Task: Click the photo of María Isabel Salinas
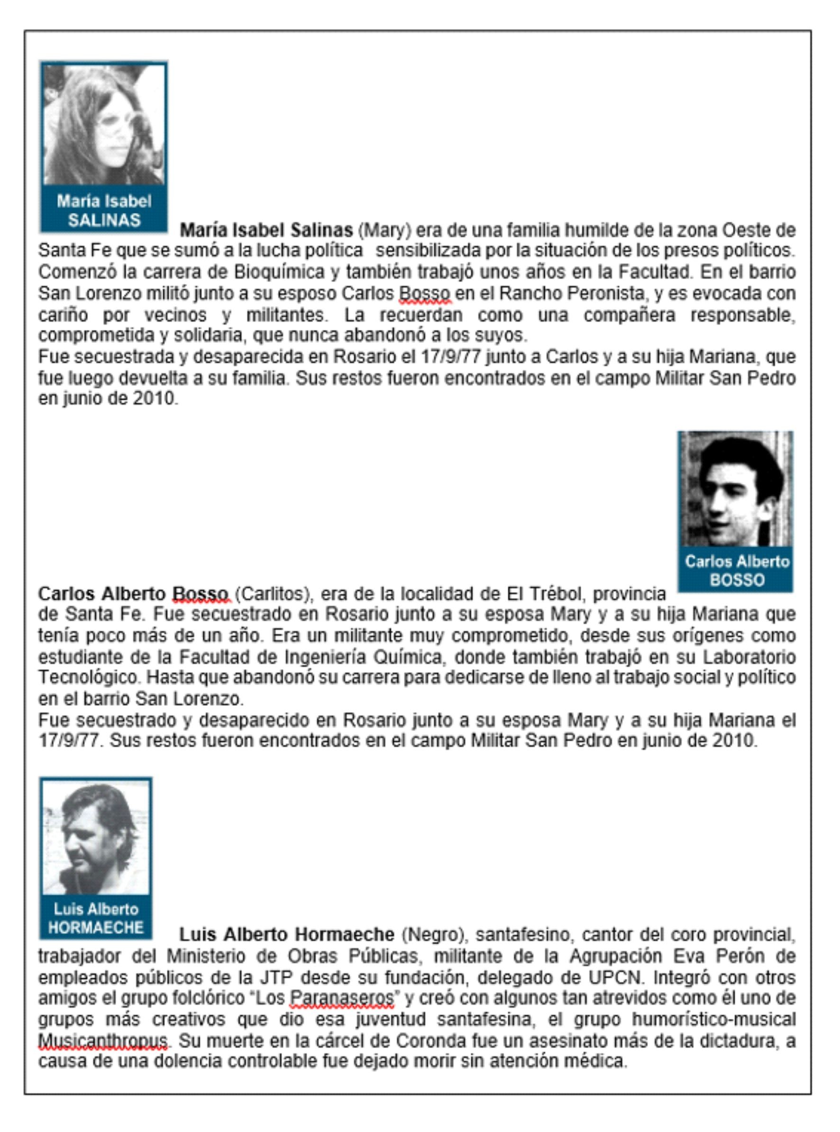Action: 104,125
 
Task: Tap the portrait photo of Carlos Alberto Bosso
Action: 735,489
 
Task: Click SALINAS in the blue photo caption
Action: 104,220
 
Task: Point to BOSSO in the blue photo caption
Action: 737,580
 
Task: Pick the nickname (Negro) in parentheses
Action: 435,934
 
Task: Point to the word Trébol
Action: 555,593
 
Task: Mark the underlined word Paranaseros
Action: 341,998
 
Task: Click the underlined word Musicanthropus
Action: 103,1041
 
